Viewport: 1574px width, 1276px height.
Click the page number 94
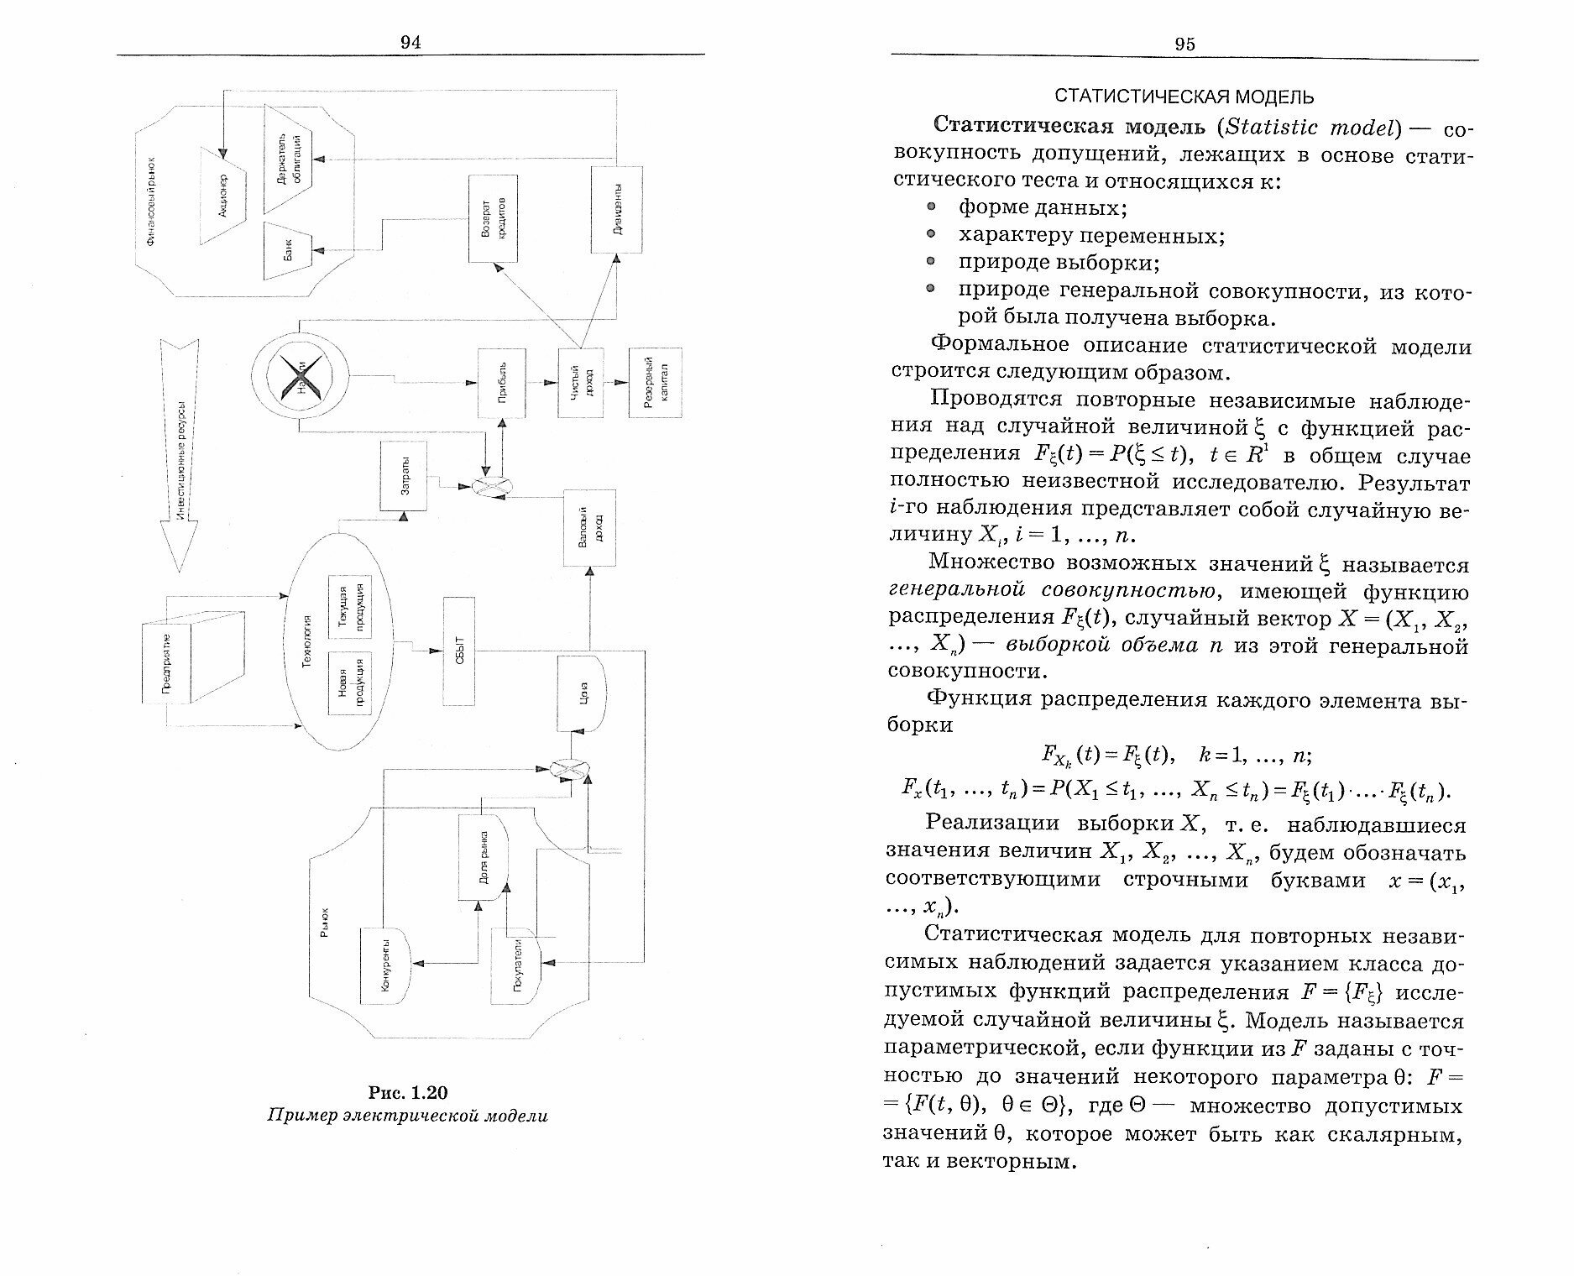[410, 43]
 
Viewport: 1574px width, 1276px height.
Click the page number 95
[1184, 44]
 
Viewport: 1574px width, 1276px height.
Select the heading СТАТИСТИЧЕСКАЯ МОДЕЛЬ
[1184, 97]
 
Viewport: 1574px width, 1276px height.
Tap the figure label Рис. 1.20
[408, 1092]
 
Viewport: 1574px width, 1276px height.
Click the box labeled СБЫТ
[458, 651]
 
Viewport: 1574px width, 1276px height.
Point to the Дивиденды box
[616, 209]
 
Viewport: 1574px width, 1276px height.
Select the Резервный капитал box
[656, 382]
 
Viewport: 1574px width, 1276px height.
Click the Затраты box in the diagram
[403, 476]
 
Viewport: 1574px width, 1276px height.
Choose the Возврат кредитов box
[492, 218]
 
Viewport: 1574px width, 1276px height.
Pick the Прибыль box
[502, 383]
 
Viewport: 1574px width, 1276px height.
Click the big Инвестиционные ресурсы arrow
[180, 453]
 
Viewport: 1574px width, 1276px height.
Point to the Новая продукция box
[350, 682]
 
